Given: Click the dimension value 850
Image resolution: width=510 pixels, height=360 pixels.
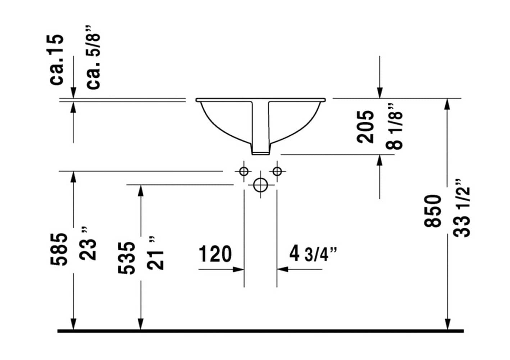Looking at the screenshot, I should click(433, 211).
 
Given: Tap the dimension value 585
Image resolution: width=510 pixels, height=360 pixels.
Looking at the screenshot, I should click(59, 249).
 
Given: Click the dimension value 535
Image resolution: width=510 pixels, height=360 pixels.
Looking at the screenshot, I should click(127, 258).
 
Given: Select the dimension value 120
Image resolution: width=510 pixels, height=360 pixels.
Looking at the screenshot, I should click(215, 254).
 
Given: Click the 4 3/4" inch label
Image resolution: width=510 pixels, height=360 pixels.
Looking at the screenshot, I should click(313, 254).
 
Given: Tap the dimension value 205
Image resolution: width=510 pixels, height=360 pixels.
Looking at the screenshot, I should click(365, 127).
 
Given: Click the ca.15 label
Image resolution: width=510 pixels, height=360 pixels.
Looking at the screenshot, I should click(57, 60).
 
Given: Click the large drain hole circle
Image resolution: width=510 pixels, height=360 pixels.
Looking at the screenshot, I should click(260, 185).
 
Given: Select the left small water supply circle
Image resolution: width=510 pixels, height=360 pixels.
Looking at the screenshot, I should click(244, 171).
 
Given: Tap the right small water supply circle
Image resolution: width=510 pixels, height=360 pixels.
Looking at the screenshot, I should click(277, 171).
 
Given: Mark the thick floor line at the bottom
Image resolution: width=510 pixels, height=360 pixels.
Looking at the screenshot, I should click(260, 331).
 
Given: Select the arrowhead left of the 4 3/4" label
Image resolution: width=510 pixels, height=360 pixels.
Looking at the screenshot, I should click(283, 269).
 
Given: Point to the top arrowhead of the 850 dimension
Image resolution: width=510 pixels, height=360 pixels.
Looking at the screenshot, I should click(447, 104).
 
